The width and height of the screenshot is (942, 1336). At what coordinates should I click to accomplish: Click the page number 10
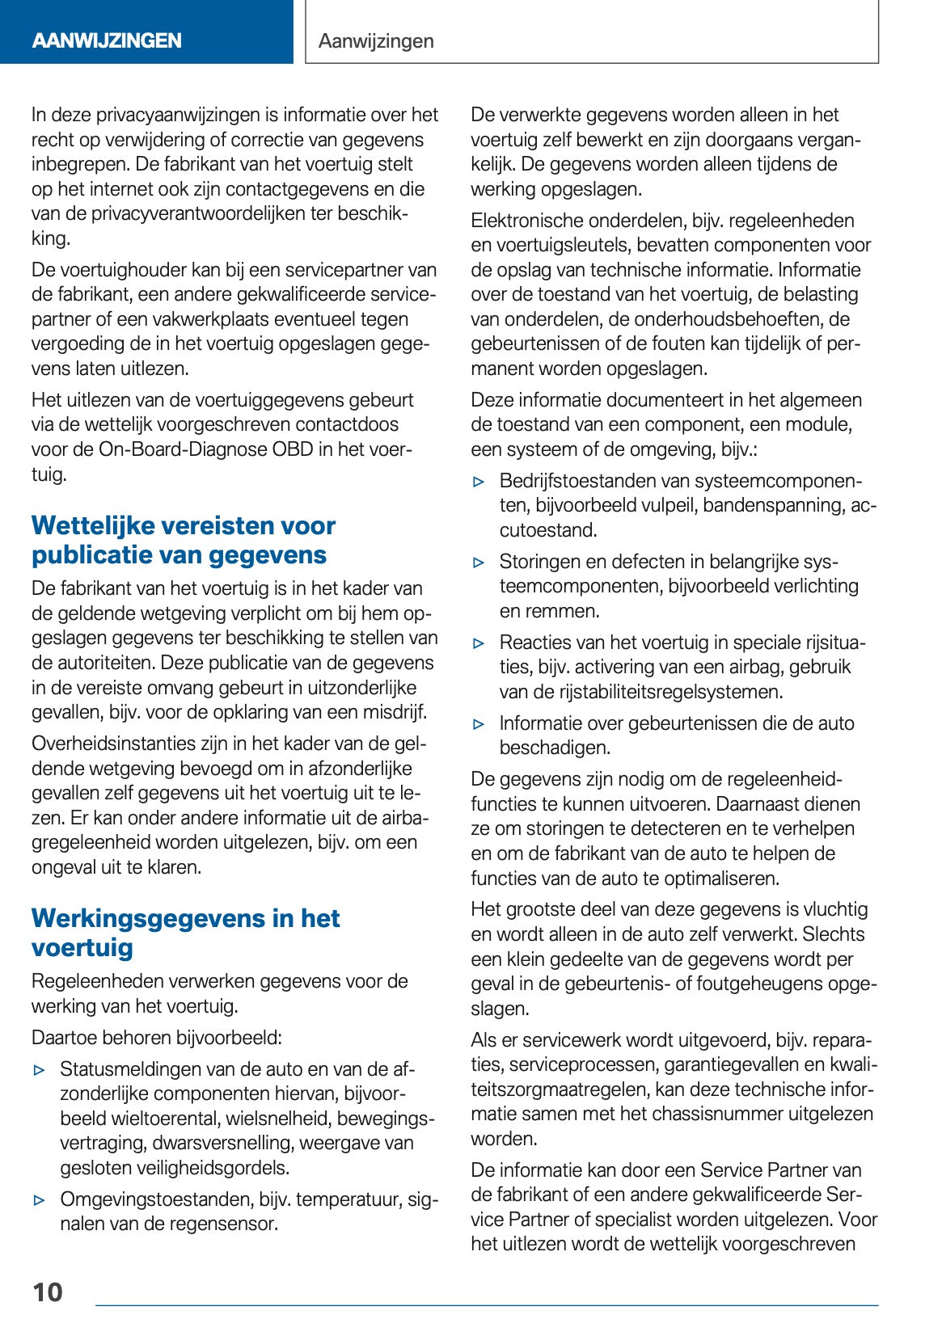coord(48,1292)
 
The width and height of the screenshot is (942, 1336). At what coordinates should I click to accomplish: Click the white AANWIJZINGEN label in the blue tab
coord(107,40)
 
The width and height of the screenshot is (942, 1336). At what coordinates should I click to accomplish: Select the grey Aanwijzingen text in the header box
coord(376,40)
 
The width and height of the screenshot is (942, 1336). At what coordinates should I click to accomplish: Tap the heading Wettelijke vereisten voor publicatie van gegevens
coord(183,540)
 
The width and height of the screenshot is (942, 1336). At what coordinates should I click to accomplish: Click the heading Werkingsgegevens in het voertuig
coord(185,933)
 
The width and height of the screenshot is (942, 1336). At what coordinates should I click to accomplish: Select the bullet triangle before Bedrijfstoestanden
coord(479,482)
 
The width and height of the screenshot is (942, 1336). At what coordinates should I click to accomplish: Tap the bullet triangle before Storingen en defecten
coord(479,563)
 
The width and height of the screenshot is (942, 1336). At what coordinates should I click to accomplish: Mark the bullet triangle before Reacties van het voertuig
coord(479,643)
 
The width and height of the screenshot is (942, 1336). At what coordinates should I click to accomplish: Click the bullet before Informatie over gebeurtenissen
coord(479,724)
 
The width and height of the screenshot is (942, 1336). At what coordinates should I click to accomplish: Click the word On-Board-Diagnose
coord(183,449)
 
